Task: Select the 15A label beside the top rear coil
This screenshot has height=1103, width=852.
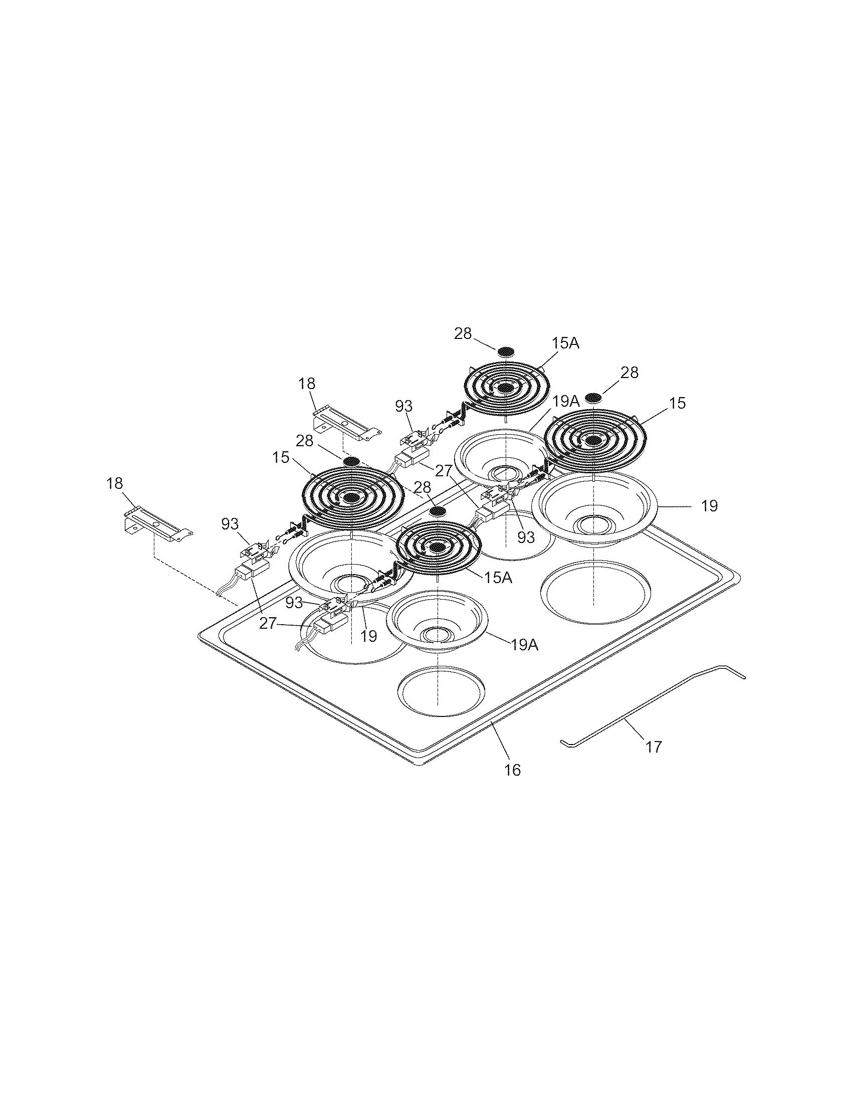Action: tap(565, 344)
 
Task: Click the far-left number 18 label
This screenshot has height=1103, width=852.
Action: tap(115, 483)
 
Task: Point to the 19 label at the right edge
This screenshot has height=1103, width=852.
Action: tap(710, 505)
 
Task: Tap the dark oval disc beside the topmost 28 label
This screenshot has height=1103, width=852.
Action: tap(506, 352)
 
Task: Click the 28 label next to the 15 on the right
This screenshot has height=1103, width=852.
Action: tap(629, 373)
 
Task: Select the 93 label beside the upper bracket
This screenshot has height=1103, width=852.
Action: tap(404, 406)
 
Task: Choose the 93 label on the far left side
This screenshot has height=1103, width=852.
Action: tap(230, 524)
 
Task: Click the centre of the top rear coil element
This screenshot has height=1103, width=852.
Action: tap(505, 388)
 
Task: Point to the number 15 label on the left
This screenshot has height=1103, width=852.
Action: tap(281, 458)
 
